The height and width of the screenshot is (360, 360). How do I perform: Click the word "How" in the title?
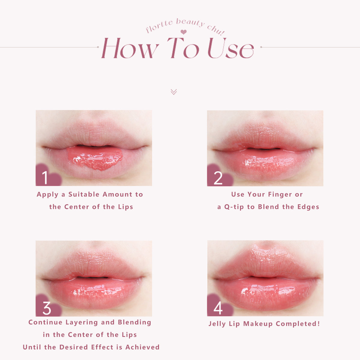click(x=130, y=49)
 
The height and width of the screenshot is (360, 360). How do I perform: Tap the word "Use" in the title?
click(x=231, y=49)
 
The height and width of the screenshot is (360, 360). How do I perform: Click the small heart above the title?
click(x=184, y=32)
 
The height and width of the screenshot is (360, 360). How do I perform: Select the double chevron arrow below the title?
click(x=174, y=92)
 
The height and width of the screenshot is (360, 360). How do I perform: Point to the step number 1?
click(x=45, y=178)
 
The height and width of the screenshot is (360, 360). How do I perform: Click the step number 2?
click(x=218, y=178)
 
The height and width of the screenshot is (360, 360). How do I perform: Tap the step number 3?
click(x=47, y=308)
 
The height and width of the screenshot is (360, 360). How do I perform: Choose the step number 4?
click(x=218, y=308)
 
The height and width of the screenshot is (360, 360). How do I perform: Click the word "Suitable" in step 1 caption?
click(x=84, y=194)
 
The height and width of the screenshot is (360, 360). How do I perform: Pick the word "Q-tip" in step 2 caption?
click(x=234, y=207)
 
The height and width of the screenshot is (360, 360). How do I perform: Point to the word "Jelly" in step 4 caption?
click(x=217, y=324)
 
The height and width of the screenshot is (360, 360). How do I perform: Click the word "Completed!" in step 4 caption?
click(x=298, y=324)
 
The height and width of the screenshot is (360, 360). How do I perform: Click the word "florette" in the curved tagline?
click(x=159, y=27)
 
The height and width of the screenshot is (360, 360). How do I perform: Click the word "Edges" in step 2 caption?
click(x=308, y=207)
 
